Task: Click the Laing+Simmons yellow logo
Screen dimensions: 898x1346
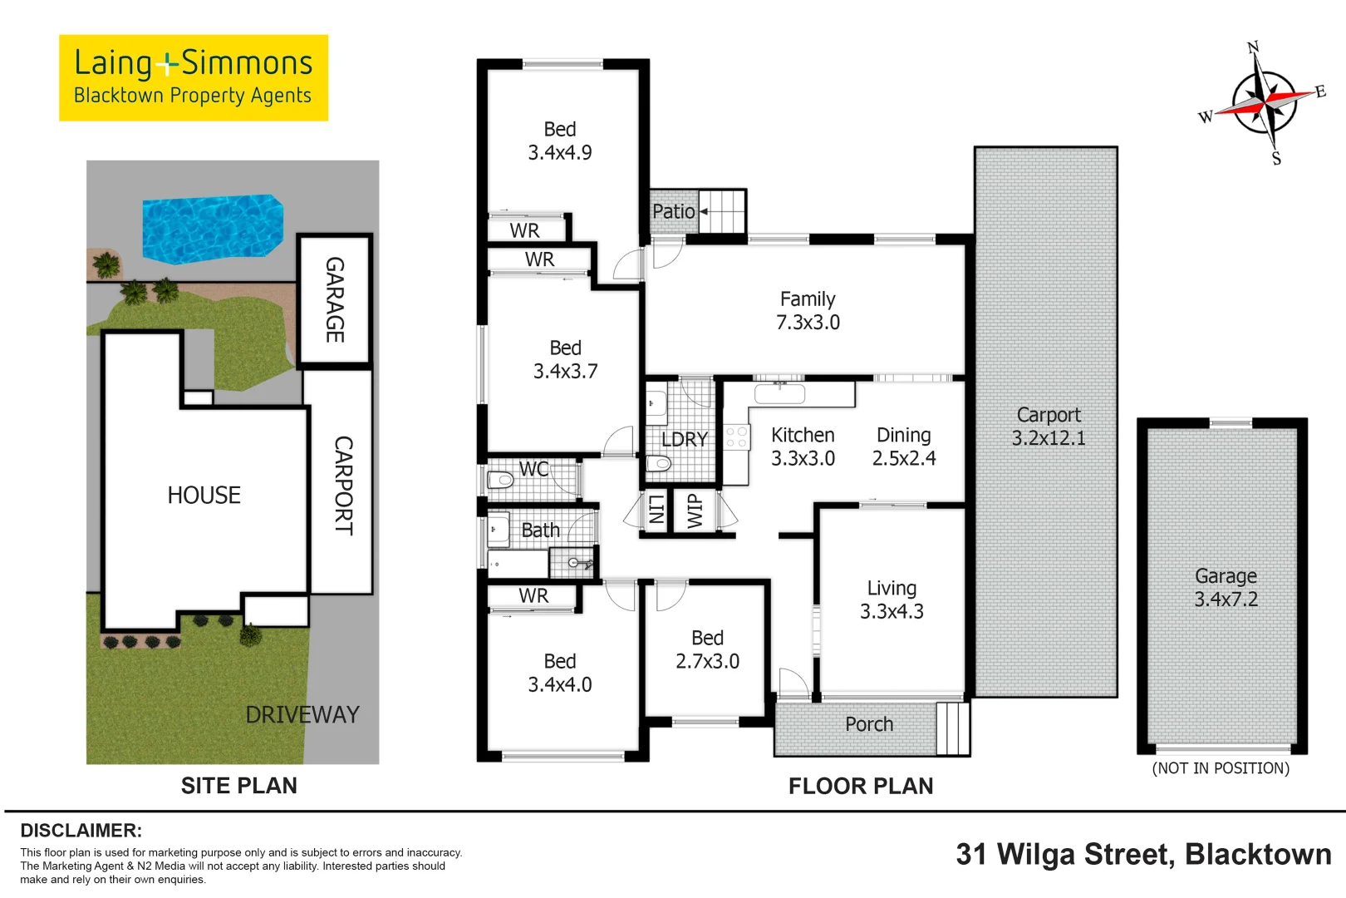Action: click(193, 77)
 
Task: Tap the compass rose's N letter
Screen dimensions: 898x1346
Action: click(1253, 47)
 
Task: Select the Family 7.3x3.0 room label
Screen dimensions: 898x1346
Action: click(808, 311)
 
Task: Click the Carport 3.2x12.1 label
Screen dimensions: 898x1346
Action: click(1049, 427)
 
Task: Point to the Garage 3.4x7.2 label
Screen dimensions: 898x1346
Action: click(1226, 588)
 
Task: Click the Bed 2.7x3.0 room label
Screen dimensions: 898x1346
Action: click(707, 649)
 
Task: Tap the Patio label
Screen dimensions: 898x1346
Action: click(673, 212)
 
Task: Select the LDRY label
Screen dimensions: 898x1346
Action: click(684, 440)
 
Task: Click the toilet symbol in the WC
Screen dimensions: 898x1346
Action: click(501, 480)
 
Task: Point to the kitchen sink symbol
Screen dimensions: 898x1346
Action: click(779, 393)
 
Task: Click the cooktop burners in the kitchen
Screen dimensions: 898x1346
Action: click(736, 437)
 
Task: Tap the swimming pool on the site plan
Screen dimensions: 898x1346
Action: click(213, 228)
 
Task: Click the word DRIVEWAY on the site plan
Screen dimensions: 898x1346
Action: click(302, 714)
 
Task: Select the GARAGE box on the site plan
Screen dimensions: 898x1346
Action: click(335, 300)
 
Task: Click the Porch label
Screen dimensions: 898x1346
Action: click(869, 724)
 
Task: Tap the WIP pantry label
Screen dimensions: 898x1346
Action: click(695, 511)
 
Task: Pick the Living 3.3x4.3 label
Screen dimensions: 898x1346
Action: click(892, 599)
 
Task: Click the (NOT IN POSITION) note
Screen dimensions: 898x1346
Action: click(1221, 768)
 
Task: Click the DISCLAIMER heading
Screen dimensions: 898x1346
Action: click(81, 831)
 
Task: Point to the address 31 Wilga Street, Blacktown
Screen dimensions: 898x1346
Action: click(1143, 855)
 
